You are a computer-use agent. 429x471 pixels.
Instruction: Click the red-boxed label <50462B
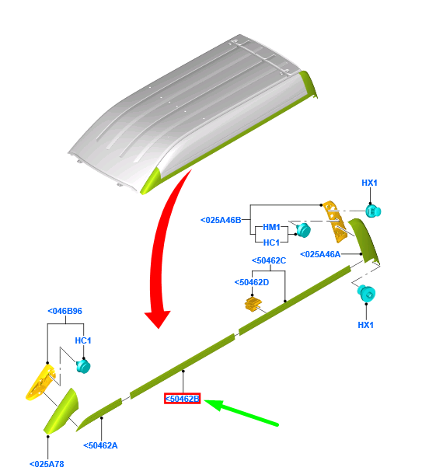(182, 399)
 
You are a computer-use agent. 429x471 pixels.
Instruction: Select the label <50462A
(100, 445)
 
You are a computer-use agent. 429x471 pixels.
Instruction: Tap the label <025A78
(47, 464)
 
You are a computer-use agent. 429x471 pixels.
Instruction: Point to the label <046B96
(65, 311)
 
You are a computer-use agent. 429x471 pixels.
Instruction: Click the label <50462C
(269, 260)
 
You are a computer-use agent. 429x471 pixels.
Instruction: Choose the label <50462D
(252, 282)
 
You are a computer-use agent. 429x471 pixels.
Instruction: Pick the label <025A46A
(320, 254)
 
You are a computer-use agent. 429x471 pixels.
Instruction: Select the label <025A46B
(221, 220)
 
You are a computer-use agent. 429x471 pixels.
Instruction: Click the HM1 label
(271, 227)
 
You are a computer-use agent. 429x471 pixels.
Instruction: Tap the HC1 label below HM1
(271, 242)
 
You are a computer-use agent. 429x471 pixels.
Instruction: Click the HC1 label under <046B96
(83, 340)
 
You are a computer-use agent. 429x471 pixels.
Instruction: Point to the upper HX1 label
(369, 183)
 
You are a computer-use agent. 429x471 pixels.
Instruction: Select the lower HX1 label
(365, 325)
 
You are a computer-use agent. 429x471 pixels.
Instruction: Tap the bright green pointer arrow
(241, 413)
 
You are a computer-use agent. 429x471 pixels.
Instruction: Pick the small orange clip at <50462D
(253, 304)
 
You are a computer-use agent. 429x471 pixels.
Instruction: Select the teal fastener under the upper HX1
(373, 211)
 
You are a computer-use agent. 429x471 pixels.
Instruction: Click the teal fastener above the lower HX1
(367, 294)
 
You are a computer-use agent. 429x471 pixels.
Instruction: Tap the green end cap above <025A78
(61, 411)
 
